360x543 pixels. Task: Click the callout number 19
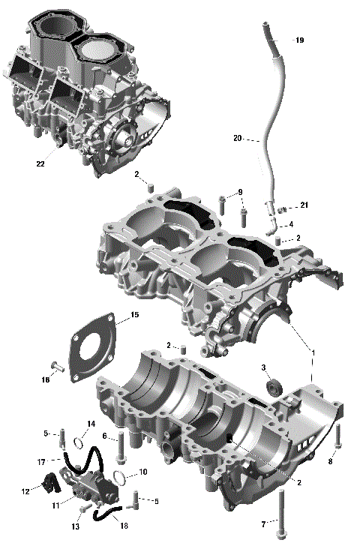(299, 40)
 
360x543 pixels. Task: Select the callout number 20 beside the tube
(238, 138)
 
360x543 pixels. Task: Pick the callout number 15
(134, 316)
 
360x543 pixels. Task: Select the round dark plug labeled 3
(274, 387)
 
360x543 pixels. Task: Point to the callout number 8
(330, 462)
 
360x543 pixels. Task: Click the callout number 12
(25, 491)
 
